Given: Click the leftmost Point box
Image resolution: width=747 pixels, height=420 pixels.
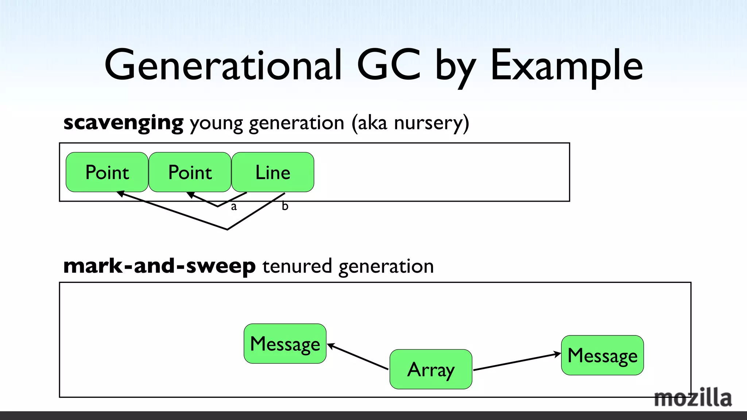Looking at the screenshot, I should pos(107,172).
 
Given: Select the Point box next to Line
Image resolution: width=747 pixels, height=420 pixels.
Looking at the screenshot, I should pos(190,172).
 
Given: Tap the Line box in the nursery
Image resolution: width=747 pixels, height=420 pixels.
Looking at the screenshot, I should pos(273,172).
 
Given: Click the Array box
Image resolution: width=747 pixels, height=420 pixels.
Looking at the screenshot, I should pos(431,369).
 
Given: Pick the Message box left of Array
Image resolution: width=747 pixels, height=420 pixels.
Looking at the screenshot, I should pos(285,343).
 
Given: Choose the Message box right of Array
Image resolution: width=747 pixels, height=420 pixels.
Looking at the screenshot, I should pos(602,355).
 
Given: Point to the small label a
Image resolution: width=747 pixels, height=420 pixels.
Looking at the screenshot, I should pos(234,207).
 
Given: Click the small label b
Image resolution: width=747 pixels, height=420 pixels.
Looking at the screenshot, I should pos(285,206).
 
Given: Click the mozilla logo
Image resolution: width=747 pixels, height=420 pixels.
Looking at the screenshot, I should pos(693,398).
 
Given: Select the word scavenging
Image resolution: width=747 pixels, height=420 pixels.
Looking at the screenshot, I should pos(123,123).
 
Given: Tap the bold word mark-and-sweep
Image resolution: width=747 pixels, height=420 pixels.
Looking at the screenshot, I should pos(159,266).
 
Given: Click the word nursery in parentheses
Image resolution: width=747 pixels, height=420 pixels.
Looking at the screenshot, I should pos(429,123).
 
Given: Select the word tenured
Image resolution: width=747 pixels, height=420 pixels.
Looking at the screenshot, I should pos(297,266).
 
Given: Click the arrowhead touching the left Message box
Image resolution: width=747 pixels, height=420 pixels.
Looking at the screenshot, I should pos(331,346).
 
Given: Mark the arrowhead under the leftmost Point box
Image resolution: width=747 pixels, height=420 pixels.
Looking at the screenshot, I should pos(120,194).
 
